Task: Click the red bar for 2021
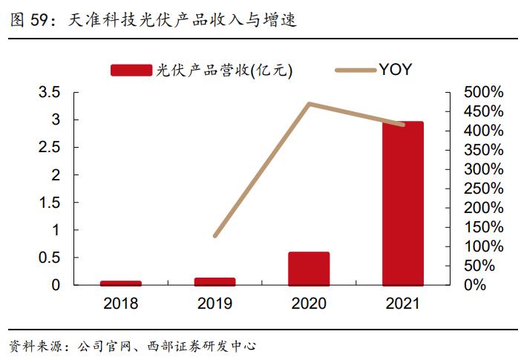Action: coord(403,203)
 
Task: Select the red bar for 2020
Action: coord(309,268)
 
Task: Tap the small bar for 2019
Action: coord(214,281)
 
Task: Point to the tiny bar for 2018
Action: coord(121,283)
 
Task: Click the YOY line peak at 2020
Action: coord(309,103)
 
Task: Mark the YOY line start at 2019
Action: coord(214,236)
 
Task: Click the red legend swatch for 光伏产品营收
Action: coord(131,70)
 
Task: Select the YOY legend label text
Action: coord(396,70)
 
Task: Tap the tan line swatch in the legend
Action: coord(355,70)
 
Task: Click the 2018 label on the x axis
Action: coord(121,303)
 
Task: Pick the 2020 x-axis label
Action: coord(309,303)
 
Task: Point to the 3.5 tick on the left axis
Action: coord(49,92)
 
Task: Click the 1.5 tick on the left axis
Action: coord(49,202)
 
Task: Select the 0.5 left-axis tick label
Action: coord(49,257)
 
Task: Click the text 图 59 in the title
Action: coord(26,20)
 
